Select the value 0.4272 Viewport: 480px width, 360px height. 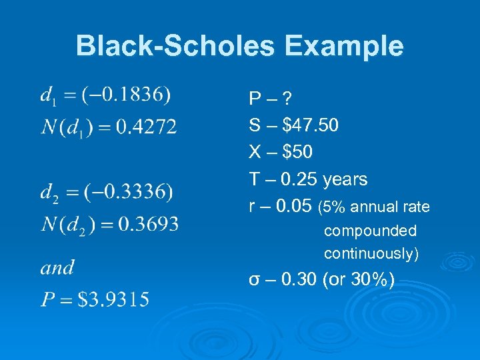click(x=147, y=127)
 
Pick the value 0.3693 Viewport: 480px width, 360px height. click(x=148, y=224)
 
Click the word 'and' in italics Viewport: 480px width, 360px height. click(x=57, y=268)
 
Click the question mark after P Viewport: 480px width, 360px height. click(x=287, y=100)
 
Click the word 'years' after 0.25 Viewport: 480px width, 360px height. click(x=345, y=179)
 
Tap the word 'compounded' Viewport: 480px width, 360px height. click(x=370, y=231)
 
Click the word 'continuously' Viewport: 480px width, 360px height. click(x=369, y=253)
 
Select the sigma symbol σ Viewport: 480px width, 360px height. click(x=254, y=280)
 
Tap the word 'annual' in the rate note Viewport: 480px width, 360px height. click(x=371, y=207)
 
